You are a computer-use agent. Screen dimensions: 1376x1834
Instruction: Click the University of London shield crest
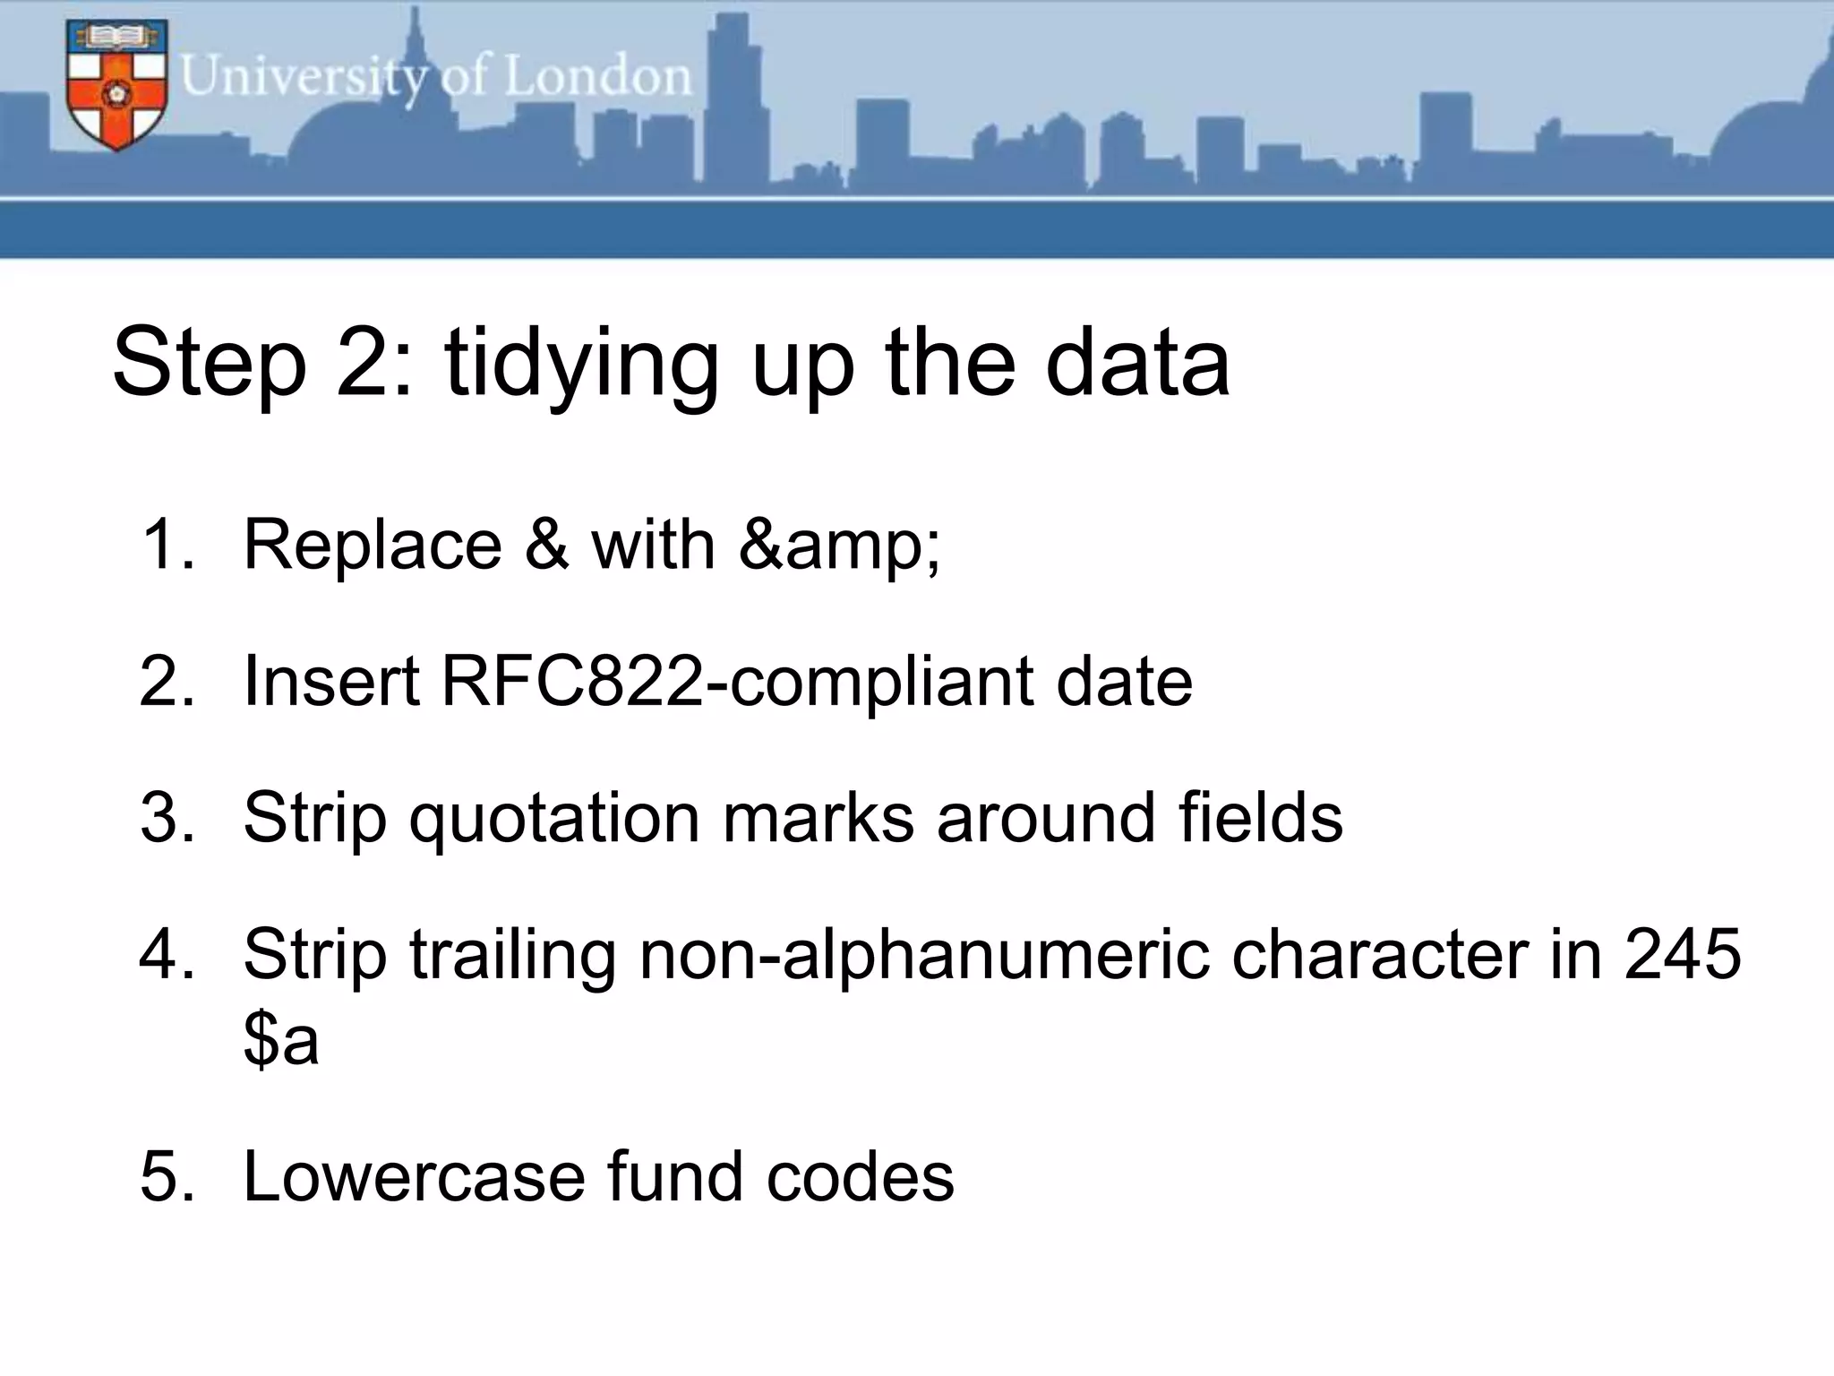[x=116, y=85]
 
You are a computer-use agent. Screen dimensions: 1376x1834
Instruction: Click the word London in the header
[x=597, y=76]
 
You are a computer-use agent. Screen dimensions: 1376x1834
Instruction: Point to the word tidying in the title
[x=581, y=363]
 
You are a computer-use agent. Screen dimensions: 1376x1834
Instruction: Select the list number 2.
[x=167, y=681]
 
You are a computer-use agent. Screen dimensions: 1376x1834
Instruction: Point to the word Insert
[x=331, y=681]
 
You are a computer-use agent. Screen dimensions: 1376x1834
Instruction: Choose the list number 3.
[x=167, y=817]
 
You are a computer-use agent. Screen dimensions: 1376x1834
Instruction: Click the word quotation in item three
[x=555, y=817]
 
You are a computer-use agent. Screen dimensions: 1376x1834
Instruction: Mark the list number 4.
[x=167, y=954]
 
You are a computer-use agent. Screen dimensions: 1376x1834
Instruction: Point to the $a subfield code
[x=281, y=1041]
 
